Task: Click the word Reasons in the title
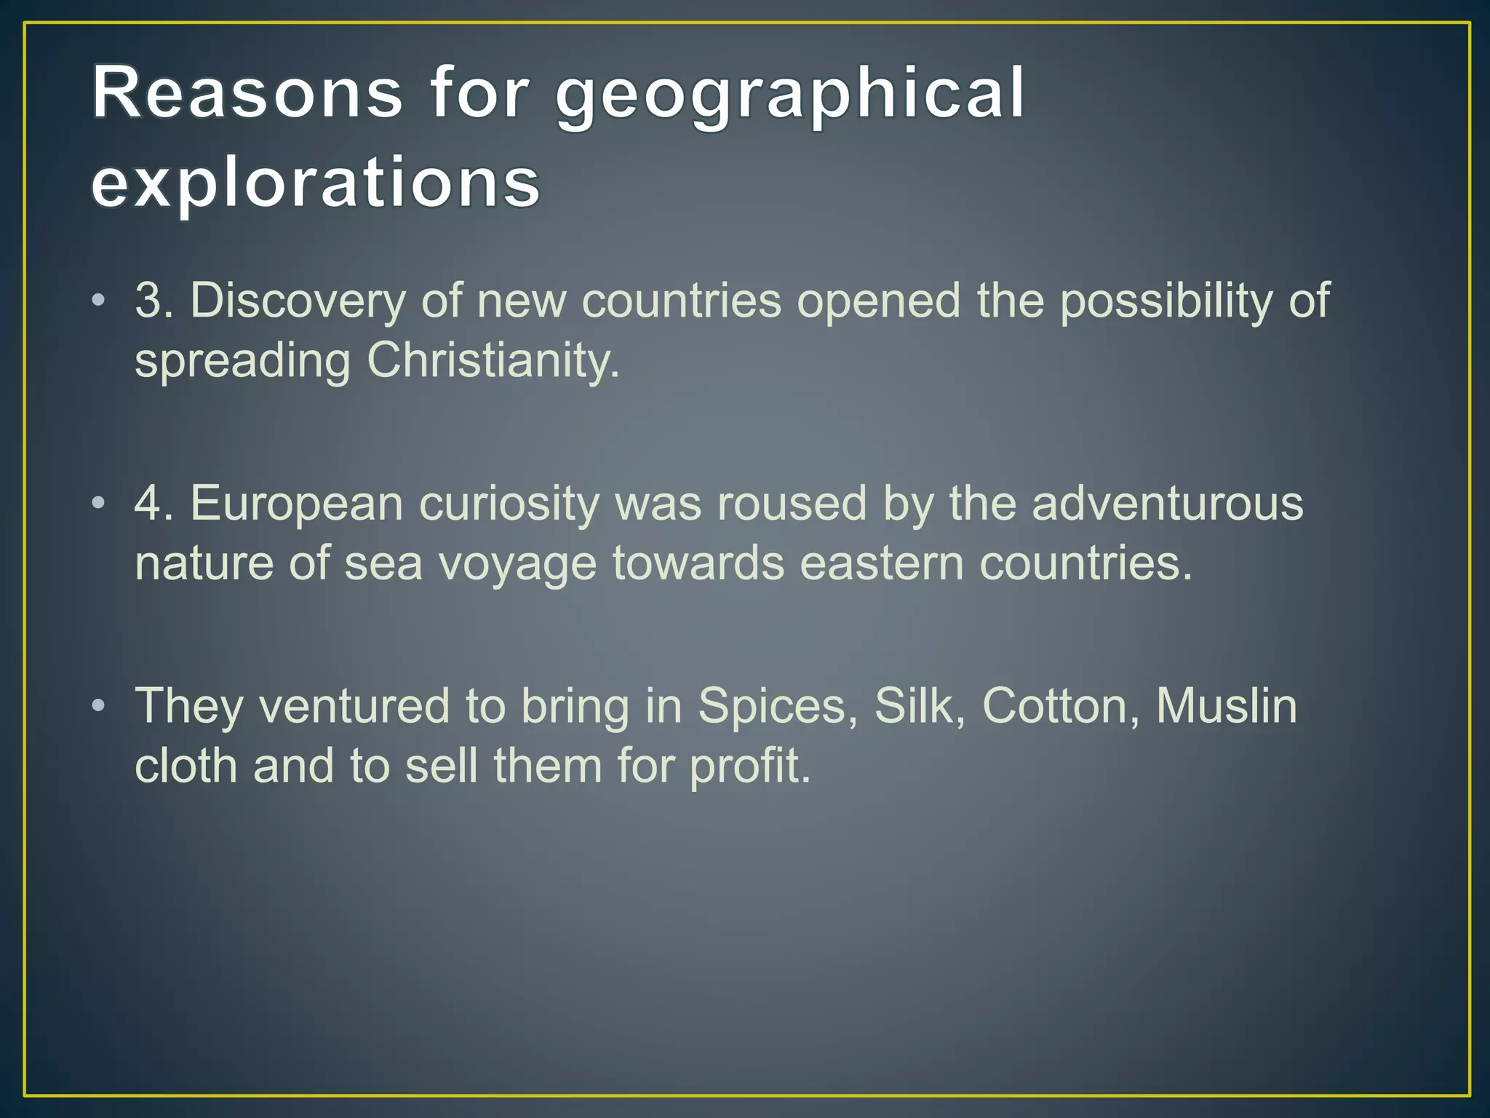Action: pos(247,92)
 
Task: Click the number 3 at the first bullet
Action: pos(148,300)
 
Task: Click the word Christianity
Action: pos(493,361)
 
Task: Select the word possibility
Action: pos(1165,301)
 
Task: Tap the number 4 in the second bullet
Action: pos(148,503)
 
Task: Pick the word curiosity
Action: pos(509,504)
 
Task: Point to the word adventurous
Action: pos(1167,503)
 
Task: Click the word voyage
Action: pos(517,565)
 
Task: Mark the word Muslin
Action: pos(1226,705)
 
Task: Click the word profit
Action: pos(749,767)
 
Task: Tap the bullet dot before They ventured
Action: pos(99,705)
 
